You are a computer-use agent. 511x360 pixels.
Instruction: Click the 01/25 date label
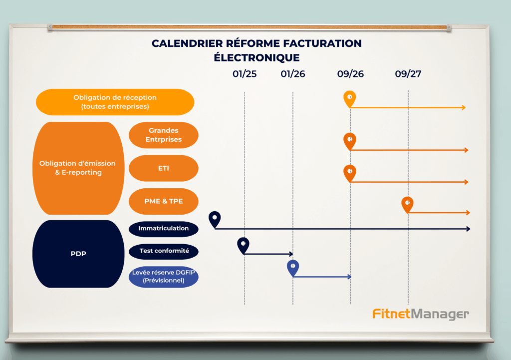tap(245, 74)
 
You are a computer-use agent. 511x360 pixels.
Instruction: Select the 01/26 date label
tap(292, 74)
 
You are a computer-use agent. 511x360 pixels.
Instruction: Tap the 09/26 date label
tap(350, 74)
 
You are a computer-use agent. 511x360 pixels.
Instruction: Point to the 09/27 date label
tap(408, 74)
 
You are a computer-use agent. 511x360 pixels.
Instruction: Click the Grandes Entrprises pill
tap(164, 135)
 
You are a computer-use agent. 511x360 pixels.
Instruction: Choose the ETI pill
tap(164, 168)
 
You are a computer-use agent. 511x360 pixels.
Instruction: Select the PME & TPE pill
tap(164, 201)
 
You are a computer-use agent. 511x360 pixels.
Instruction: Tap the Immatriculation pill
tap(164, 229)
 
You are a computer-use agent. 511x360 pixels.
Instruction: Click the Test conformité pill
tap(164, 251)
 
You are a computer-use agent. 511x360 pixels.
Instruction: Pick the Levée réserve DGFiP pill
tap(164, 277)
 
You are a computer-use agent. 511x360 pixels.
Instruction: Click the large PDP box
tap(78, 254)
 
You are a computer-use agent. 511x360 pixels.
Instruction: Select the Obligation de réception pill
tap(115, 102)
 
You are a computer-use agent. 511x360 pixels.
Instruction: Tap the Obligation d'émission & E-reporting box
tap(78, 168)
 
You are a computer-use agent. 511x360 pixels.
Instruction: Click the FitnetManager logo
tap(421, 314)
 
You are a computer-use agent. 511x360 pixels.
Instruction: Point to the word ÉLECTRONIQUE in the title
tap(257, 58)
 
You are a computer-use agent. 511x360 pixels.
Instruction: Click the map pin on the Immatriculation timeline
tap(215, 220)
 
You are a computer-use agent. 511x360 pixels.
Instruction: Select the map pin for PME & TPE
tap(407, 204)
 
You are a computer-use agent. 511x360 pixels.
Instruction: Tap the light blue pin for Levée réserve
tap(293, 268)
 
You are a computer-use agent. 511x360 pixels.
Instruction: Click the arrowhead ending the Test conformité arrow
tap(291, 254)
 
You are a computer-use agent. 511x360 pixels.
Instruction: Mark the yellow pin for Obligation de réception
tap(350, 99)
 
